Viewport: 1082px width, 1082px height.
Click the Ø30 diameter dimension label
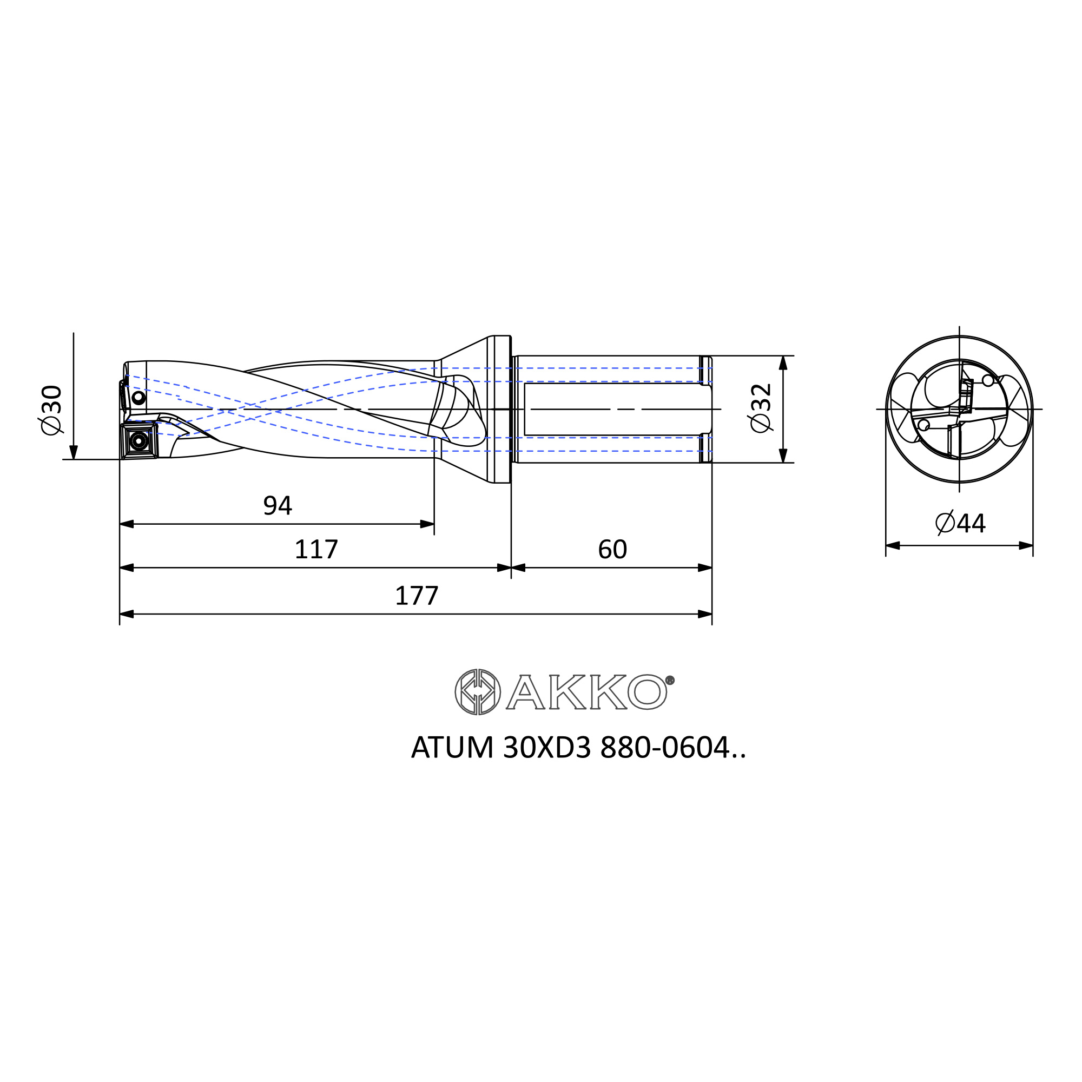(x=51, y=410)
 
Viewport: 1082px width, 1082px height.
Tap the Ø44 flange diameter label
(x=960, y=523)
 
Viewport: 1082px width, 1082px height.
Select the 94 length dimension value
(x=278, y=506)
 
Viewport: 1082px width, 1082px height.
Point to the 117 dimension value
(x=316, y=550)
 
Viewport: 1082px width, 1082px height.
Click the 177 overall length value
(x=417, y=596)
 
